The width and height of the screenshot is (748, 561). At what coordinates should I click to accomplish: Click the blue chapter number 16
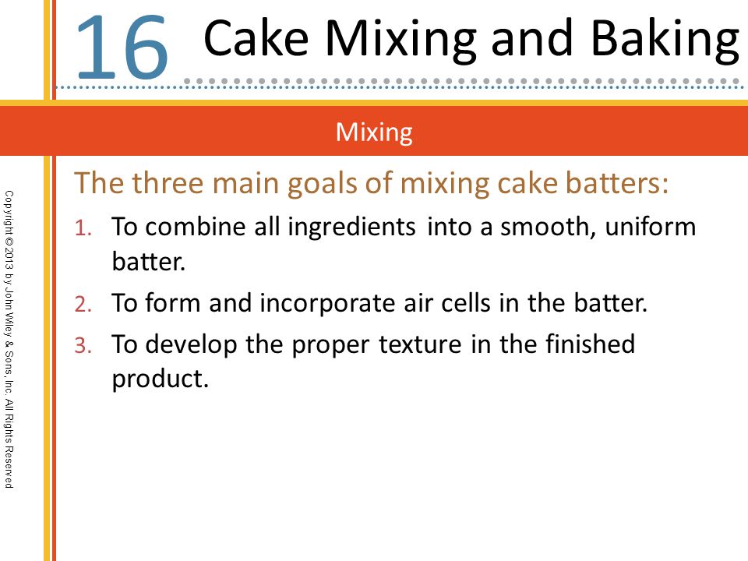122,48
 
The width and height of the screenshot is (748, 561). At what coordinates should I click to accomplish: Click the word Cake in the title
256,38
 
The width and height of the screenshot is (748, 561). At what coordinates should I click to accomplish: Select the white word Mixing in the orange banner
374,132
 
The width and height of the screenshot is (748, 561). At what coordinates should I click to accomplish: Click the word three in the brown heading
168,182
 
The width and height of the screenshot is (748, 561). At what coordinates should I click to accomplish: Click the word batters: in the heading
617,182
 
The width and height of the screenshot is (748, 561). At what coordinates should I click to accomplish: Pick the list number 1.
83,228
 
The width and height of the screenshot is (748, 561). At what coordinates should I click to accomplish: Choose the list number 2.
83,304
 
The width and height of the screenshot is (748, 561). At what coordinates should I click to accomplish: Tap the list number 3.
83,345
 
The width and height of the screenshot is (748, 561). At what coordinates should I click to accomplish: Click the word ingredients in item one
351,227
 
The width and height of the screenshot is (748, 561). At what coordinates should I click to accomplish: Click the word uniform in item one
651,226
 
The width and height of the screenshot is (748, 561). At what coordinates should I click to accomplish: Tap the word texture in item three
420,344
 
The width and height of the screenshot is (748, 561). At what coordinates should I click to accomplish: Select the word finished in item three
590,344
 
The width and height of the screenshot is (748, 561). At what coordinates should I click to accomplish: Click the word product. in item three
161,379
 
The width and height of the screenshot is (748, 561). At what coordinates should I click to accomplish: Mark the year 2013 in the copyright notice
9,261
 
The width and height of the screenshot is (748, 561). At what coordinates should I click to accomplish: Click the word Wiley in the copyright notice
9,324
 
